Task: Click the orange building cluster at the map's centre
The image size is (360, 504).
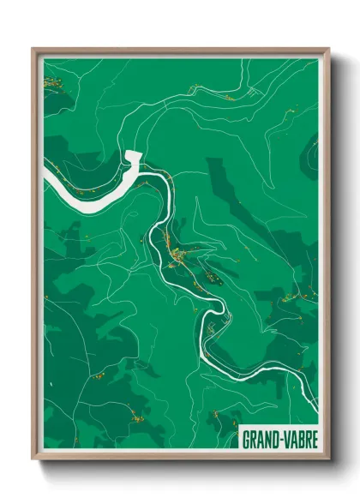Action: click(182, 255)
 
